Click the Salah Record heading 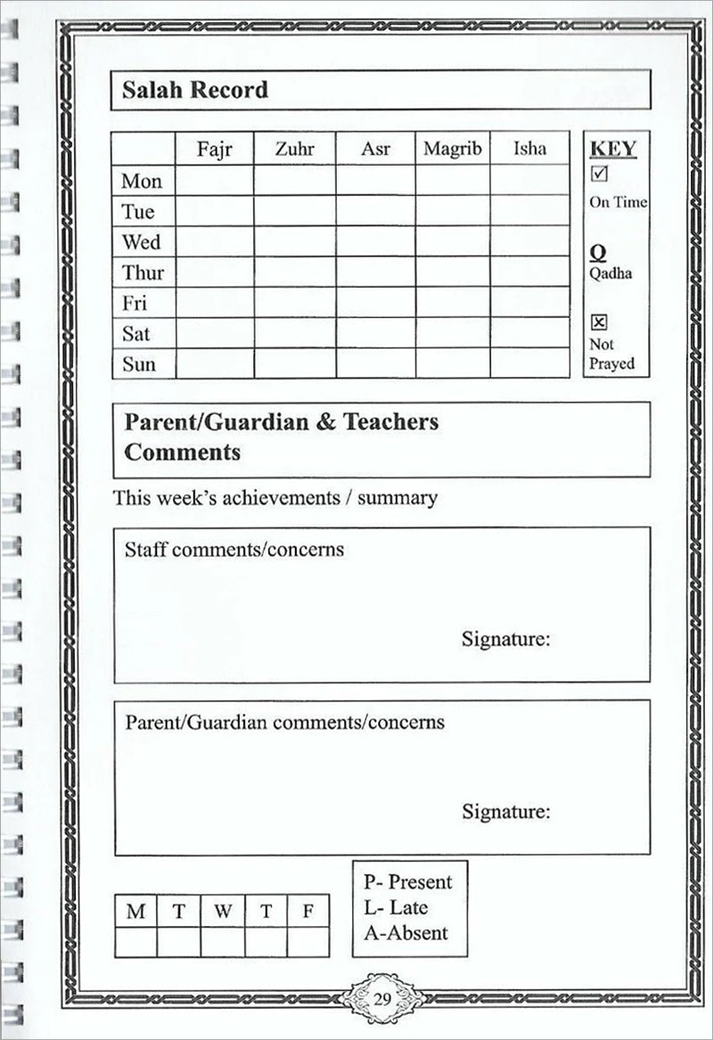[196, 90]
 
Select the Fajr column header [214, 149]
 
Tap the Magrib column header [452, 149]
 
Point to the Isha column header [529, 149]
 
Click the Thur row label [143, 272]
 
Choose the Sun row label [138, 364]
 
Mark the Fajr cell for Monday [214, 181]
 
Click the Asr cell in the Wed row [375, 242]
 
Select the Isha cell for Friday [529, 302]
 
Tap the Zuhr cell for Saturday [294, 333]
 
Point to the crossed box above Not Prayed [599, 323]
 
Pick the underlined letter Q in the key [599, 253]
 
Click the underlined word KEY [614, 148]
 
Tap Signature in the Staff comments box [505, 639]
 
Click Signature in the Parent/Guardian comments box [505, 812]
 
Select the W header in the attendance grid [223, 912]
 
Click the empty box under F [308, 942]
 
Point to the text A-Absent [406, 933]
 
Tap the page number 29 [382, 997]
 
